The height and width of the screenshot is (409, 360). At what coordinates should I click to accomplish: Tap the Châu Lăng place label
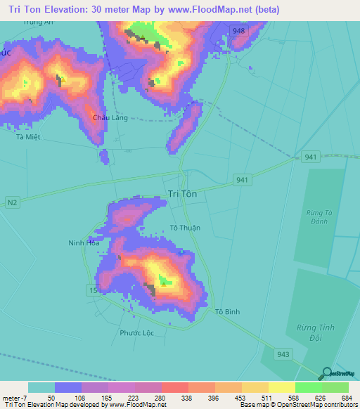point(110,118)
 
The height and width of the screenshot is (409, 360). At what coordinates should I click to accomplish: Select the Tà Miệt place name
point(29,137)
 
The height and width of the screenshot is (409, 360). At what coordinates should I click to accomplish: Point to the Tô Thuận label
point(186,228)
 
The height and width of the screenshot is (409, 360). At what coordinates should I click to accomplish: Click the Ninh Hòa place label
point(81,243)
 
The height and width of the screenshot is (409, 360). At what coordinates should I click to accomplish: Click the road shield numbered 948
point(240,30)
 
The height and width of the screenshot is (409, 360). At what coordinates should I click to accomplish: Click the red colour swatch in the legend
point(174,387)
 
